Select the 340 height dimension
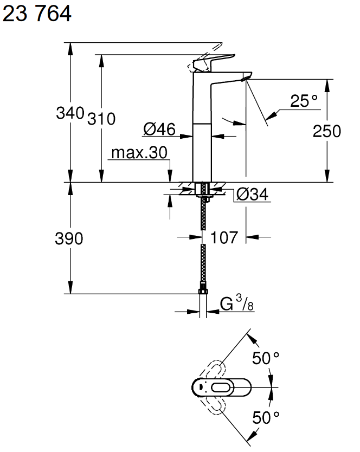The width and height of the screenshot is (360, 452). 70,114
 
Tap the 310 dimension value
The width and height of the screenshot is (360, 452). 101,119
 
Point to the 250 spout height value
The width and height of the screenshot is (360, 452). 326,131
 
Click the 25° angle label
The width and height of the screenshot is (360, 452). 303,101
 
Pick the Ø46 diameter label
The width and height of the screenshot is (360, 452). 159,129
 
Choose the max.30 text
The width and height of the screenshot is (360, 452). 139,153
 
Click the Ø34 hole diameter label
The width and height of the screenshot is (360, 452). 253,195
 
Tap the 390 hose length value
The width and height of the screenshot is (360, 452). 69,238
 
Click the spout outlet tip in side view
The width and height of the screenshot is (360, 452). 245,79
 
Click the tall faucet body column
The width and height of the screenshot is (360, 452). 202,130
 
